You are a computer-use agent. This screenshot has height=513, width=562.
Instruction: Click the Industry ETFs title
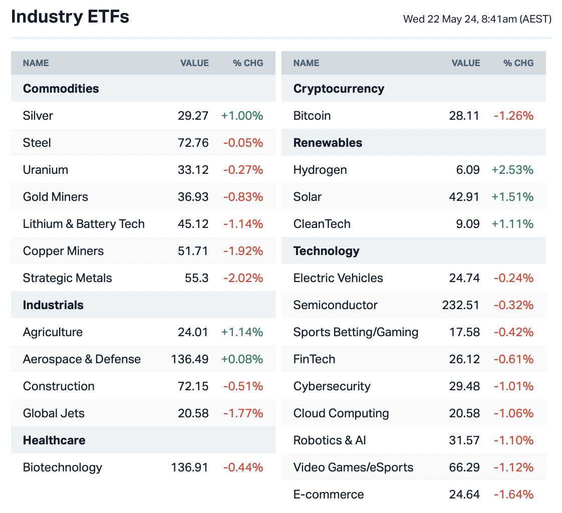point(70,17)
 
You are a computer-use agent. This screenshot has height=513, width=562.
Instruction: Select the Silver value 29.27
point(193,116)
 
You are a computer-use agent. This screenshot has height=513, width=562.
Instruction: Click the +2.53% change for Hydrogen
point(512,170)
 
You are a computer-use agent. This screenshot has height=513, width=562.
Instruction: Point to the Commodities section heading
point(61,89)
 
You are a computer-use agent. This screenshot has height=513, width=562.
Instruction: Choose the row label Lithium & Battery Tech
point(84,224)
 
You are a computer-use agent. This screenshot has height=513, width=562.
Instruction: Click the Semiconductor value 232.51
point(461,305)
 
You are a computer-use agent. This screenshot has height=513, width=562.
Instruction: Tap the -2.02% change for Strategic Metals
point(243,278)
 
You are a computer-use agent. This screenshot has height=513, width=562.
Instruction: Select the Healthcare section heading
point(54,440)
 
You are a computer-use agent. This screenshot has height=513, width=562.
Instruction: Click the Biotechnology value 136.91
point(189,467)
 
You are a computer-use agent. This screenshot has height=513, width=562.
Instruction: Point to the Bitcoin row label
point(312,116)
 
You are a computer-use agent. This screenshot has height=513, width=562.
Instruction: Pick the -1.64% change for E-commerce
point(513,494)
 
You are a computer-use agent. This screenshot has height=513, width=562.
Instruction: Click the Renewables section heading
point(328,143)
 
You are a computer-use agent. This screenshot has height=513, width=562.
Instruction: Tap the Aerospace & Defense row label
point(82,359)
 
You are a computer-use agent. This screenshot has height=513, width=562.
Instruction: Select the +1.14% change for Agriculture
point(242,332)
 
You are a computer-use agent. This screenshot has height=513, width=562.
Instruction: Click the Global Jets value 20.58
point(193,413)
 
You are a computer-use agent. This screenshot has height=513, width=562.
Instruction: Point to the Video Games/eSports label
point(354,467)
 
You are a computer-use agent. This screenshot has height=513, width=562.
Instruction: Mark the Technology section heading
point(327,251)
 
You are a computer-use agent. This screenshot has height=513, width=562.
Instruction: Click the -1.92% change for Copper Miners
point(243,251)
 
